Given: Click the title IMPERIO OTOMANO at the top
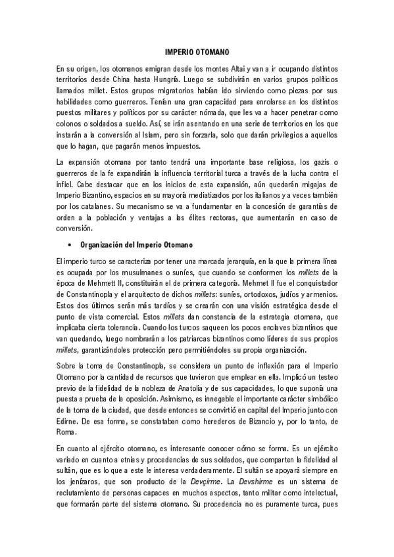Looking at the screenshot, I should click(197, 50).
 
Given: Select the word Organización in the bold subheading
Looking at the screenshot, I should click(104, 245).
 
